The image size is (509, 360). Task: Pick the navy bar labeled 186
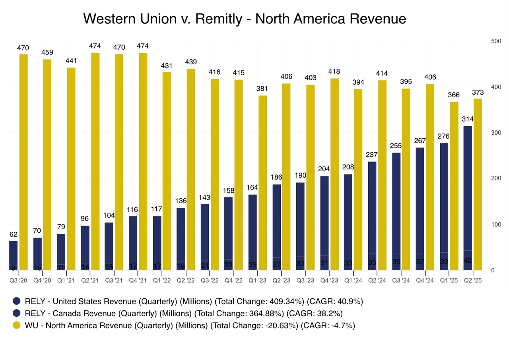pyautogui.click(x=276, y=227)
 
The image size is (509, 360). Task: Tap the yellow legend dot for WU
pyautogui.click(x=16, y=325)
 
